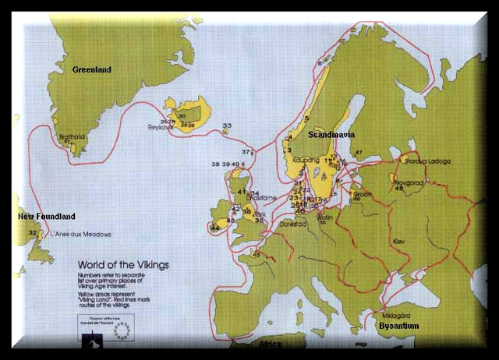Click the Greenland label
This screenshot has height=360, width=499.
point(91,70)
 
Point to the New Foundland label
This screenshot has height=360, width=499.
point(46,216)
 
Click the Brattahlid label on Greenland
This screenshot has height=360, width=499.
point(72,136)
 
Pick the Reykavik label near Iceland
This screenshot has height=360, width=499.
point(162,127)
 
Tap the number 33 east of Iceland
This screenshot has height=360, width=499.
point(227,125)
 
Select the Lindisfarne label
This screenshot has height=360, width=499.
point(265,198)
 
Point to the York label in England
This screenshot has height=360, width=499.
point(261,212)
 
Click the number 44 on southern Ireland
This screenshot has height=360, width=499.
point(214,228)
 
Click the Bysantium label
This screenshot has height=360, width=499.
point(398,326)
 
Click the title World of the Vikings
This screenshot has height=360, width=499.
point(122,265)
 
